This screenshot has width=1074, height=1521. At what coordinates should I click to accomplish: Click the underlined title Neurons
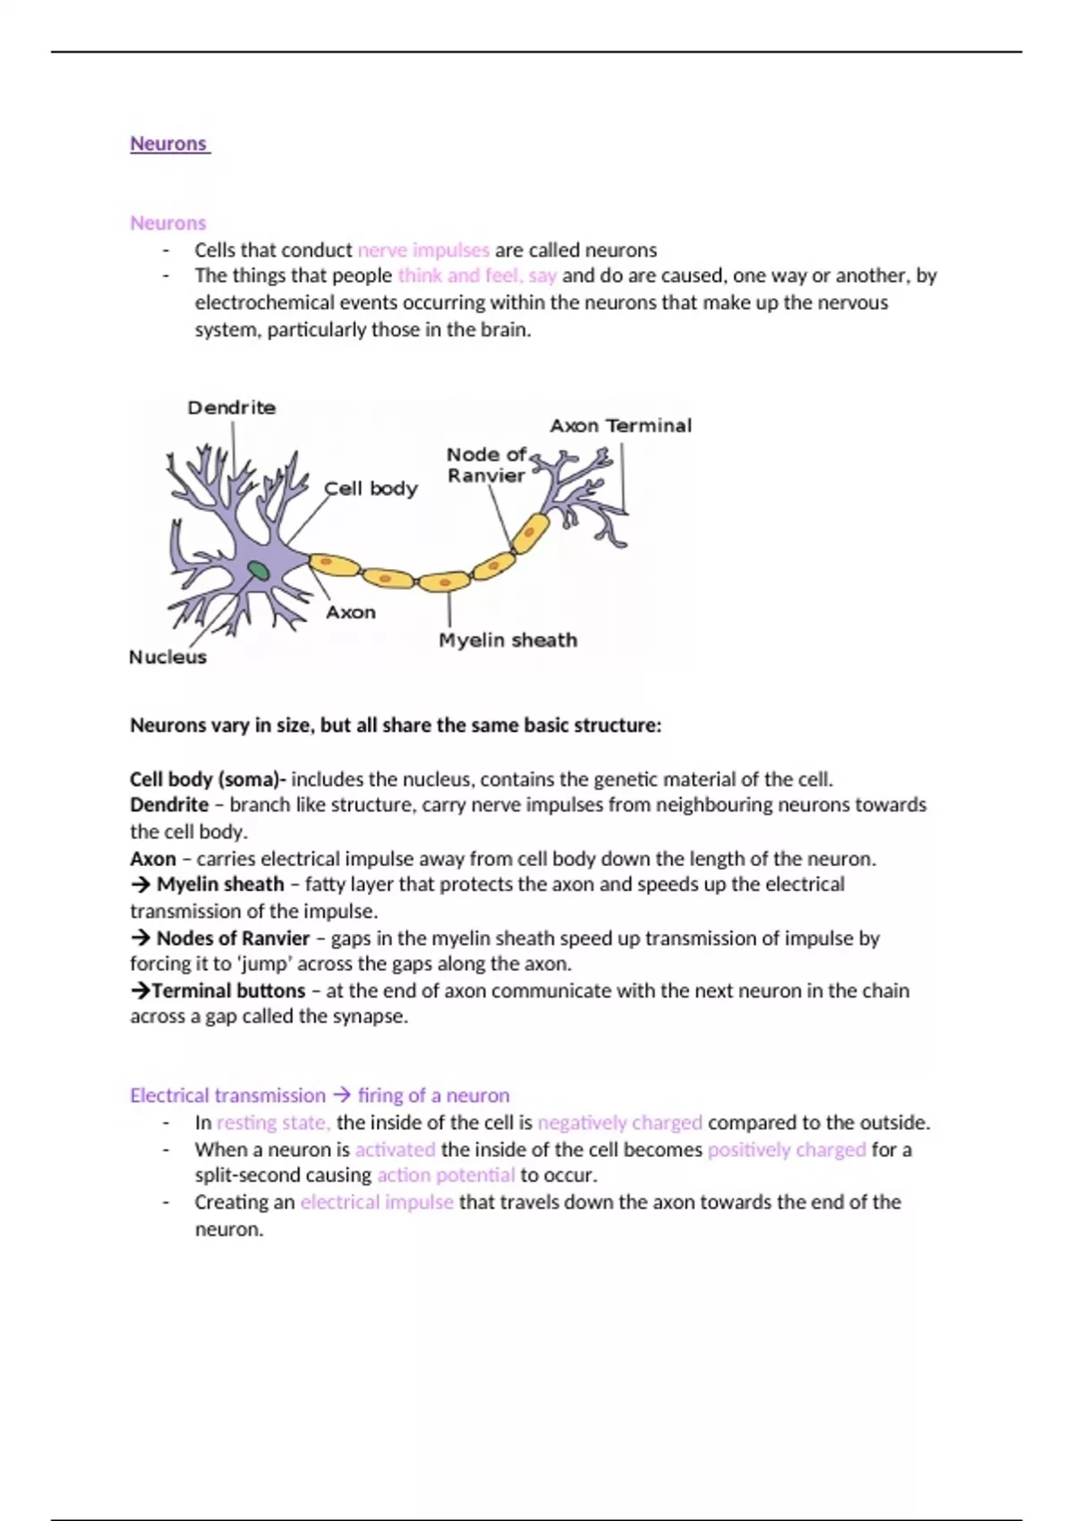(168, 144)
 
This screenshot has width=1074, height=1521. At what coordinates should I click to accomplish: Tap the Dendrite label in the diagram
(232, 408)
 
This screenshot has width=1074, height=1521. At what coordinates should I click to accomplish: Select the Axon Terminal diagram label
(620, 426)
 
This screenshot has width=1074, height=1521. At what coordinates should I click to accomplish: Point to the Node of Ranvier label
(486, 465)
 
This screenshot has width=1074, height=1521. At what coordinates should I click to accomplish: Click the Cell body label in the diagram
(371, 489)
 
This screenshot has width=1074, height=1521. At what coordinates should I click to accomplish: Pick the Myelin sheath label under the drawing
(507, 641)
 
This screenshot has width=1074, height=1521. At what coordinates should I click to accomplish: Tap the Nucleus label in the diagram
(167, 658)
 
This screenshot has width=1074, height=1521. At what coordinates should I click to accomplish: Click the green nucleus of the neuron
(259, 570)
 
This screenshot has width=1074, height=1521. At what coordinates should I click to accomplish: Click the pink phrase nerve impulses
(423, 251)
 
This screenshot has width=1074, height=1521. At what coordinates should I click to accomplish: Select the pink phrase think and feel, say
(477, 276)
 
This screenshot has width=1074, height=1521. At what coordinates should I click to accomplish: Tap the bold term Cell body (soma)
(205, 779)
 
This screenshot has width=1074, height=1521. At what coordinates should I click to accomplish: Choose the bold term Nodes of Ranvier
(233, 939)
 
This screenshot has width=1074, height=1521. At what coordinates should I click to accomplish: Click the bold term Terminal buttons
(228, 991)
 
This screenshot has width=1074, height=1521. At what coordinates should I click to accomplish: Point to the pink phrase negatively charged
(619, 1123)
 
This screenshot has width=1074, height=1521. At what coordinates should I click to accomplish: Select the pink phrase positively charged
(787, 1150)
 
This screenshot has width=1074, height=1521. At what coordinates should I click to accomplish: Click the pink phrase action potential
(446, 1176)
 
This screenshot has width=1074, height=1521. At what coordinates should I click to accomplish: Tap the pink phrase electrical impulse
(377, 1202)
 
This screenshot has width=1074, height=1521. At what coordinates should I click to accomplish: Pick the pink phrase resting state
(273, 1123)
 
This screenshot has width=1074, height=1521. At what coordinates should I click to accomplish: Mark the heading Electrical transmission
(227, 1096)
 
